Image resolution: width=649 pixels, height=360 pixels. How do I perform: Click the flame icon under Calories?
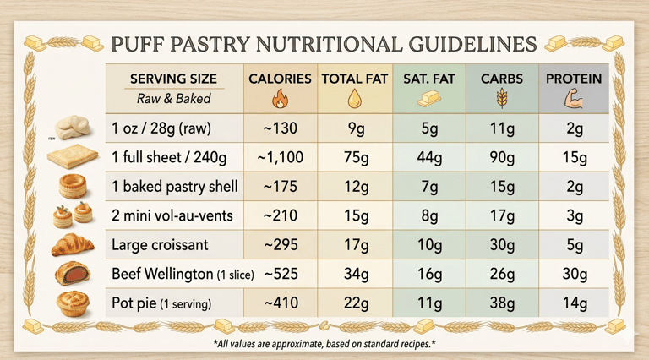pyautogui.click(x=280, y=100)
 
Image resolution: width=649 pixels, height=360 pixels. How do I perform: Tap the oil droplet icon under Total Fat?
pyautogui.click(x=354, y=100)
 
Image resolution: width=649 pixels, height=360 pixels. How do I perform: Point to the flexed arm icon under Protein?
pyautogui.click(x=574, y=100)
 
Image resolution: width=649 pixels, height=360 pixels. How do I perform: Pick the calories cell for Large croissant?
pyautogui.click(x=280, y=246)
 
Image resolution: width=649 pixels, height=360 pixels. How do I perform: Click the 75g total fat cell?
pyautogui.click(x=354, y=157)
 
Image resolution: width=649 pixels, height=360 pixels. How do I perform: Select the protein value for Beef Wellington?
pyautogui.click(x=574, y=275)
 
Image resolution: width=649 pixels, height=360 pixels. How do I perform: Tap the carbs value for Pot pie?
pyautogui.click(x=501, y=303)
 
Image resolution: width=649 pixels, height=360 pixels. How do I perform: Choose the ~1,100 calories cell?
pyautogui.click(x=280, y=157)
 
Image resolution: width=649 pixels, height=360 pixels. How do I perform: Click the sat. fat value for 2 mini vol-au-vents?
pyautogui.click(x=428, y=216)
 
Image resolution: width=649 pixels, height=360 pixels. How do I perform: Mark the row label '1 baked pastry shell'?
pyautogui.click(x=174, y=187)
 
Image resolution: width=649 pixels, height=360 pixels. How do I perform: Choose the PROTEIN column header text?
pyautogui.click(x=574, y=79)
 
